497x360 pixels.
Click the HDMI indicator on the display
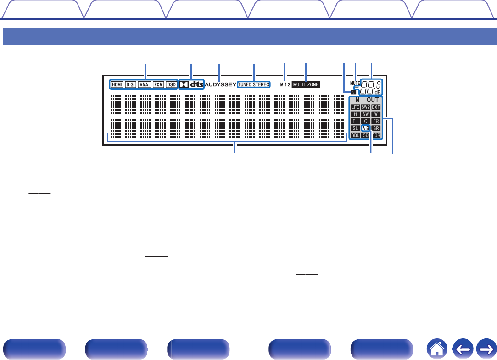[117, 84]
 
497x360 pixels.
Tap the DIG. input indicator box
[131, 84]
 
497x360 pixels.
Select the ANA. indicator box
[145, 84]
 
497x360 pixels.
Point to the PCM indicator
[158, 84]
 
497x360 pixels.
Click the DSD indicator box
[171, 84]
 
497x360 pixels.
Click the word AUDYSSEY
[221, 84]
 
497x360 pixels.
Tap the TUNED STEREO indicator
[254, 84]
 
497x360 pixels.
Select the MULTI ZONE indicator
[306, 84]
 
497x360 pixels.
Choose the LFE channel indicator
[355, 107]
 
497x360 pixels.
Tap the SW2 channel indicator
[366, 107]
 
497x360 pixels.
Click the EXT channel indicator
[376, 107]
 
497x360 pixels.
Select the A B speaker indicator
[366, 128]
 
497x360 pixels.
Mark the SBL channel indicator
[355, 135]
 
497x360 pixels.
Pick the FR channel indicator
[376, 121]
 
